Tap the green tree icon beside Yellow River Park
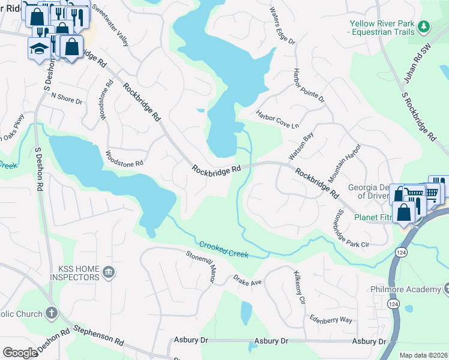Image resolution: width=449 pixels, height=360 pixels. pyautogui.click(x=424, y=26)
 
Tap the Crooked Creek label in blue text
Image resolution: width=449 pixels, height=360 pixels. pyautogui.click(x=224, y=250)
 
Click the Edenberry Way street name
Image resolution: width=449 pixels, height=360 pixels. pyautogui.click(x=330, y=319)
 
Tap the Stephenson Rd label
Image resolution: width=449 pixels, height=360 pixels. pyautogui.click(x=99, y=334)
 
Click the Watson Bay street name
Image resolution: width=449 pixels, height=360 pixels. pyautogui.click(x=301, y=146)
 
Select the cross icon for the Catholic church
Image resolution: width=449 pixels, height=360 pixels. pyautogui.click(x=52, y=313)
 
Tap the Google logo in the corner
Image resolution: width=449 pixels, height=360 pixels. pyautogui.click(x=20, y=353)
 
